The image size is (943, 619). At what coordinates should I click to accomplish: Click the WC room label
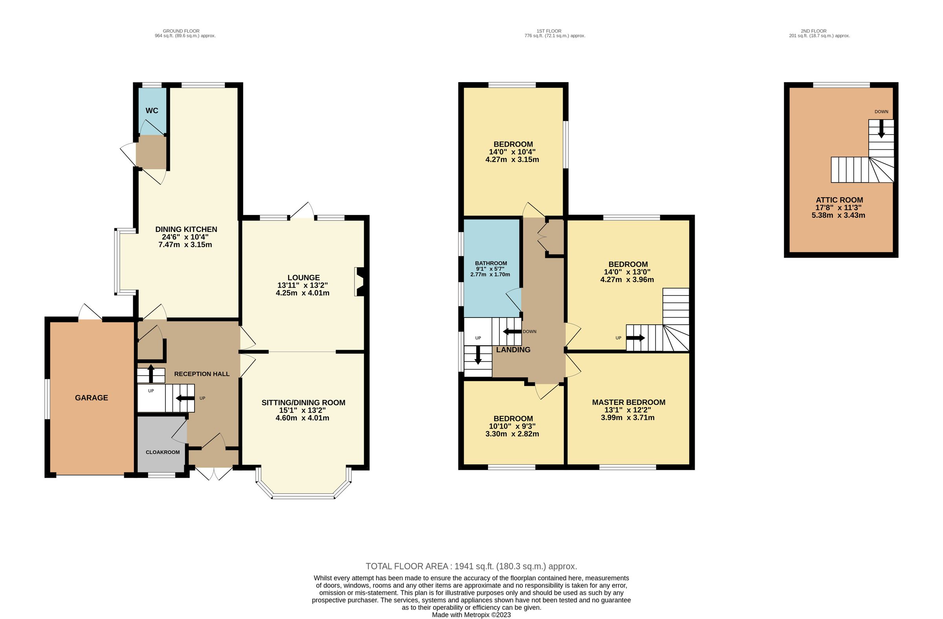point(152,110)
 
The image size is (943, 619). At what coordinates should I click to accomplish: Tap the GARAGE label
point(92,398)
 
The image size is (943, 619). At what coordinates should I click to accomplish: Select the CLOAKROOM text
point(162,452)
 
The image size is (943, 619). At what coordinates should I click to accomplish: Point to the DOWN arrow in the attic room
point(881,130)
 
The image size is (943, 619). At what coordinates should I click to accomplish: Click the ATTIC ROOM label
point(839,200)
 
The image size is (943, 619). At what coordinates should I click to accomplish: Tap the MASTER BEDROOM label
point(628,402)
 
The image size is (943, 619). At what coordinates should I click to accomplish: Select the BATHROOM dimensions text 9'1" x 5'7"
point(490,269)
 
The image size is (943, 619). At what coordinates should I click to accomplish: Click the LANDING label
point(513,349)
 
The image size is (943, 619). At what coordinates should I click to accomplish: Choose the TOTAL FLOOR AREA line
point(471,566)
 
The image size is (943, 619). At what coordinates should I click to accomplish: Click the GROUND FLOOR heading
point(181,31)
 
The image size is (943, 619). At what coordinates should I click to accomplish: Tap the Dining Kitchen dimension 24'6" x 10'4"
point(185,237)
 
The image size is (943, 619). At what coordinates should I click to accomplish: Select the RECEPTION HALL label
point(202,374)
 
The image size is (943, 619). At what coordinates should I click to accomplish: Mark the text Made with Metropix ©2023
point(471,615)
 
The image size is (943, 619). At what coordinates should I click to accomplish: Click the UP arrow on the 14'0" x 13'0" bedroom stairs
point(635,338)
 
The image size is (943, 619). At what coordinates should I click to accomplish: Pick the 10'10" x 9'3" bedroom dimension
point(512,426)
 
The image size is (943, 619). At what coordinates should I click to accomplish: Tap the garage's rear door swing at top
point(90,312)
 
